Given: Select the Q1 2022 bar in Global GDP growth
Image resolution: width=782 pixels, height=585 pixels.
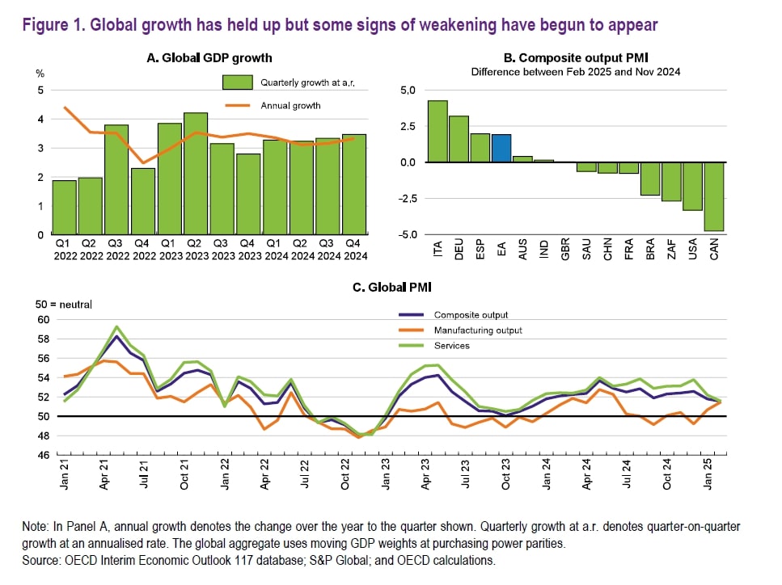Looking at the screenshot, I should (65, 208).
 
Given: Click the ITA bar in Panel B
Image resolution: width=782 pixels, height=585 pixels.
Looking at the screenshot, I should (437, 132).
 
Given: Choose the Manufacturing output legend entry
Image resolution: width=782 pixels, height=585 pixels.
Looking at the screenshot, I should (478, 330).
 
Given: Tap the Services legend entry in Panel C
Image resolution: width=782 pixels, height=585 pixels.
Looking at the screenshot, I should (452, 346).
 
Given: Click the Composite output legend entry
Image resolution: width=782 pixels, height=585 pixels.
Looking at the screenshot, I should (470, 315).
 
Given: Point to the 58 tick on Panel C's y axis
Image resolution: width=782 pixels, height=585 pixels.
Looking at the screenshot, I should (43, 339).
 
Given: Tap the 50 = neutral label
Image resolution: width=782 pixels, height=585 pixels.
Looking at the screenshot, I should (64, 305).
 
